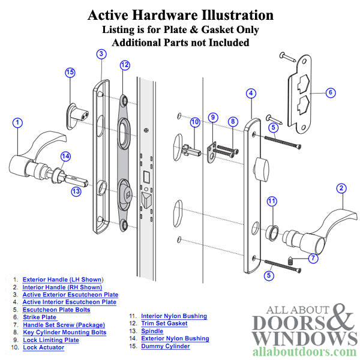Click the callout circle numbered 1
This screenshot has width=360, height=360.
click(18, 123)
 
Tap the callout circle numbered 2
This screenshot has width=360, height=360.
click(341, 188)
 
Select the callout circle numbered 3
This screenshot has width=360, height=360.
click(101, 54)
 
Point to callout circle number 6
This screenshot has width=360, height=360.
click(331, 92)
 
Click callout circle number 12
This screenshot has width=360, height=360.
click(124, 65)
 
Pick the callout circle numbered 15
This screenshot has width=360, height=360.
click(70, 73)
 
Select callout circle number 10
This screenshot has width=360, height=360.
click(194, 122)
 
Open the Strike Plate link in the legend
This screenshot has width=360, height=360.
click(40, 317)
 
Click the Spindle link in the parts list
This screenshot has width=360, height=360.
click(152, 331)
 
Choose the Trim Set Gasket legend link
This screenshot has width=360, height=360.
click(164, 323)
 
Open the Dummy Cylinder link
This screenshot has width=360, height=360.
click(165, 346)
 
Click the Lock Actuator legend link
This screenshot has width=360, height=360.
click(44, 347)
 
